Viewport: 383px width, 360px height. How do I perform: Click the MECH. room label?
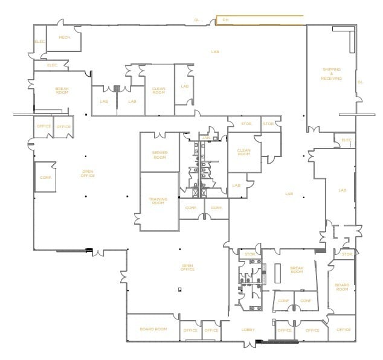[64, 37]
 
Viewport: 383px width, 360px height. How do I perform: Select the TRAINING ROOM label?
[158, 201]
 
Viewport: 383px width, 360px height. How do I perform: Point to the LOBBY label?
[248, 330]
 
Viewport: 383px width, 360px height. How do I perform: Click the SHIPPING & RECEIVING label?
[332, 74]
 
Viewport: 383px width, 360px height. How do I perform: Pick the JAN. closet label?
[206, 138]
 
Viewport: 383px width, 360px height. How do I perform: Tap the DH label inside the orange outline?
[225, 20]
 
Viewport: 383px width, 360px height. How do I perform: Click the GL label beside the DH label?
[196, 20]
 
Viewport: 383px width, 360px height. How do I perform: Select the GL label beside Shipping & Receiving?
[361, 82]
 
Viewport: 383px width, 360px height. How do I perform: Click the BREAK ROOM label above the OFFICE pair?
[62, 91]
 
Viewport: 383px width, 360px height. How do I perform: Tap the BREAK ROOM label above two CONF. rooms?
[296, 270]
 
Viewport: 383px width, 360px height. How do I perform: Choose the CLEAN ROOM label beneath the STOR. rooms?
[243, 152]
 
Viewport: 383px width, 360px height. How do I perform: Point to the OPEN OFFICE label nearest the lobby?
[187, 267]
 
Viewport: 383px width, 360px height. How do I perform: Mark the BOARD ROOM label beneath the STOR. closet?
[342, 288]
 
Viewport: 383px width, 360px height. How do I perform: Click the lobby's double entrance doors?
[248, 344]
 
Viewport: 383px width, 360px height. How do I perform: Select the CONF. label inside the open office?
[46, 178]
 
